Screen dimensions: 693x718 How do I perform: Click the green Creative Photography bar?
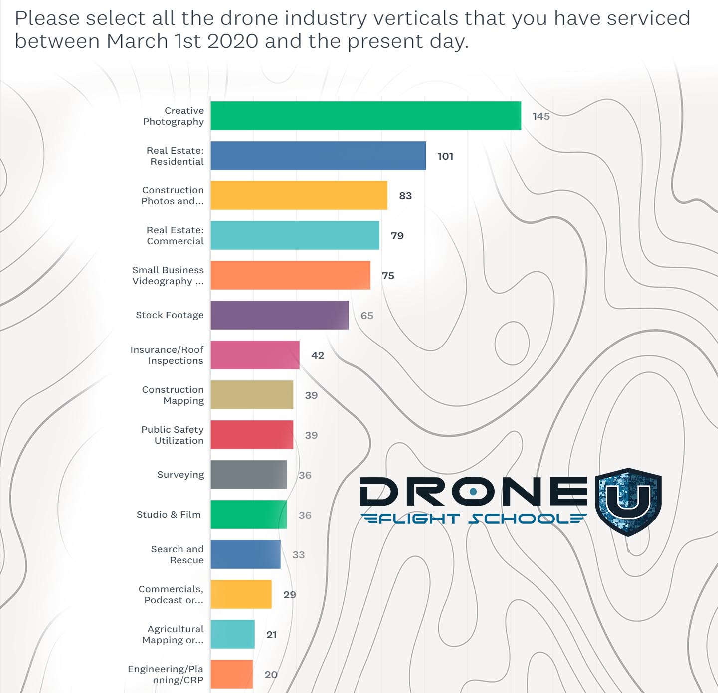pos(365,116)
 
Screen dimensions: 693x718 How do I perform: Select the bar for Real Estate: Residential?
pos(318,156)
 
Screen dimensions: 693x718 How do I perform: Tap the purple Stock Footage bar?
pos(279,315)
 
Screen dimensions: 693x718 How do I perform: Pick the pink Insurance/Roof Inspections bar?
pos(255,355)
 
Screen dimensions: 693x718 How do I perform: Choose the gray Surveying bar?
pos(248,475)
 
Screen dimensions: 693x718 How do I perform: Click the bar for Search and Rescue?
pos(245,554)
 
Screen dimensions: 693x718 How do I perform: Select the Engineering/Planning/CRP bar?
pos(231,674)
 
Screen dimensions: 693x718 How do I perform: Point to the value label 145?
pos(541,116)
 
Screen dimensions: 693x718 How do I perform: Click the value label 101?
pos(445,156)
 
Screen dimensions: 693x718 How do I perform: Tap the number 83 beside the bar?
pos(405,196)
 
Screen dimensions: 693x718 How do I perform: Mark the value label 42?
pos(318,355)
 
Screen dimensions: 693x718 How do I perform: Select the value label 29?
pos(290,595)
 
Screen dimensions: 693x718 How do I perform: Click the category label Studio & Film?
pos(169,515)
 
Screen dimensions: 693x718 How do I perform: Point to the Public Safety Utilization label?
pos(173,435)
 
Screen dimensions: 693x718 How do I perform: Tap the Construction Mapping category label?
pos(173,395)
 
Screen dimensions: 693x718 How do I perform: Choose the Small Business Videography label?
pos(168,275)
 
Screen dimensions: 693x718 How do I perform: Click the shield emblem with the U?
pos(628,502)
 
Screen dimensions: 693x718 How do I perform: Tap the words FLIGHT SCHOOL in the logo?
pos(474,519)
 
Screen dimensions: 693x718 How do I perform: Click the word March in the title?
pos(137,41)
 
